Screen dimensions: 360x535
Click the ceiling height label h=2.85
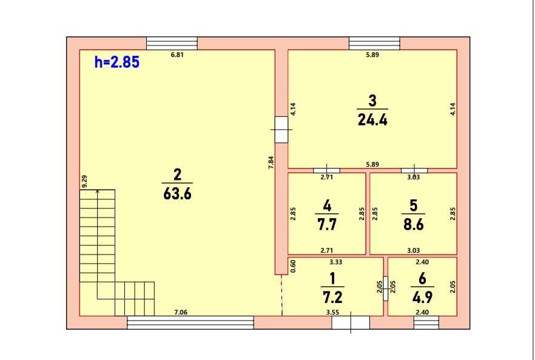tap(117, 62)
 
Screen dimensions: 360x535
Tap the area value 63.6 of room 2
tap(177, 195)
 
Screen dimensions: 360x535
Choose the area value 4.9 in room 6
tap(422, 298)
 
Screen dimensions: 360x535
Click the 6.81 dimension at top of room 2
tap(177, 55)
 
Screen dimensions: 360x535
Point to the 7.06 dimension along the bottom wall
tap(180, 312)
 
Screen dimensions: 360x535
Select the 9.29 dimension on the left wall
tap(84, 181)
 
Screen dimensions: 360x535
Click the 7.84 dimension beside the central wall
tap(271, 164)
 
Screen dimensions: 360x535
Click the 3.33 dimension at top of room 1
tap(335, 262)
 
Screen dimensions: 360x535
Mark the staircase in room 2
tap(115, 255)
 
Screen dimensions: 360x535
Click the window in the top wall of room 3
tap(374, 43)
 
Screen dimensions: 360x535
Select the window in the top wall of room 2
tap(172, 43)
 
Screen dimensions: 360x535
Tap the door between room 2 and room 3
tap(281, 130)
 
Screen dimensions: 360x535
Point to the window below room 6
tap(426, 322)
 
